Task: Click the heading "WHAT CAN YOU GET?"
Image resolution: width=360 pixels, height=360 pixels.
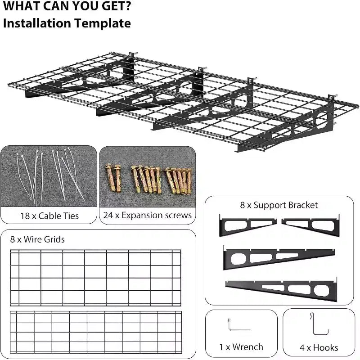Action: [x=67, y=6]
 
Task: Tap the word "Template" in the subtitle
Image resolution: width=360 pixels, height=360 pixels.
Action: [x=103, y=23]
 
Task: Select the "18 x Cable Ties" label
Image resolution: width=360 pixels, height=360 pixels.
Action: [x=49, y=216]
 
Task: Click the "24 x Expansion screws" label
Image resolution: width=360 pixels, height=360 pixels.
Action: [x=148, y=216]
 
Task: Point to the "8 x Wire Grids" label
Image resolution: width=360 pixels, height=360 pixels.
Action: [x=37, y=239]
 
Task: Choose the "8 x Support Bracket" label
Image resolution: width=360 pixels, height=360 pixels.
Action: [x=279, y=205]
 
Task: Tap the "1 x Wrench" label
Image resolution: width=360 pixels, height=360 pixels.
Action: [x=241, y=347]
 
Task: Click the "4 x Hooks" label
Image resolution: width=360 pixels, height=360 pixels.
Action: [x=319, y=347]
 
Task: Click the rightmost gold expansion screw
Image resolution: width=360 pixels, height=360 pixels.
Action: [x=189, y=181]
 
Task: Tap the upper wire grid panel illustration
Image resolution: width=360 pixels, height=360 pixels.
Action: [x=95, y=278]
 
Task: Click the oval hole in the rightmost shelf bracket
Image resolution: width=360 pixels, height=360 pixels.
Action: [x=322, y=120]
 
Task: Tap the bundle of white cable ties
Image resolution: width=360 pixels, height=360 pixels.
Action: [x=50, y=176]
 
